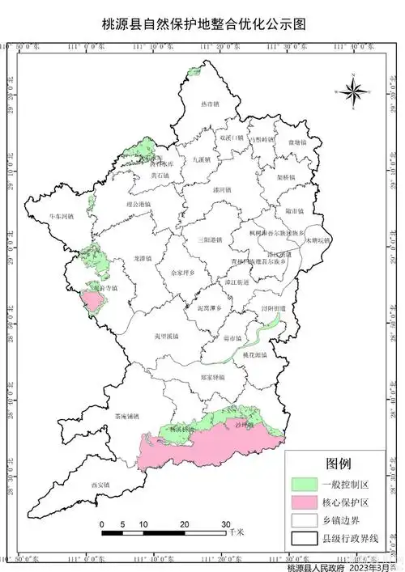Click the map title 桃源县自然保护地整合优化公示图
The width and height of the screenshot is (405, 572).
(202, 25)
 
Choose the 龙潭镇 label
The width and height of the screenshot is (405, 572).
(143, 258)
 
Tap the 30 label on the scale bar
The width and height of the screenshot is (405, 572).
(226, 524)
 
